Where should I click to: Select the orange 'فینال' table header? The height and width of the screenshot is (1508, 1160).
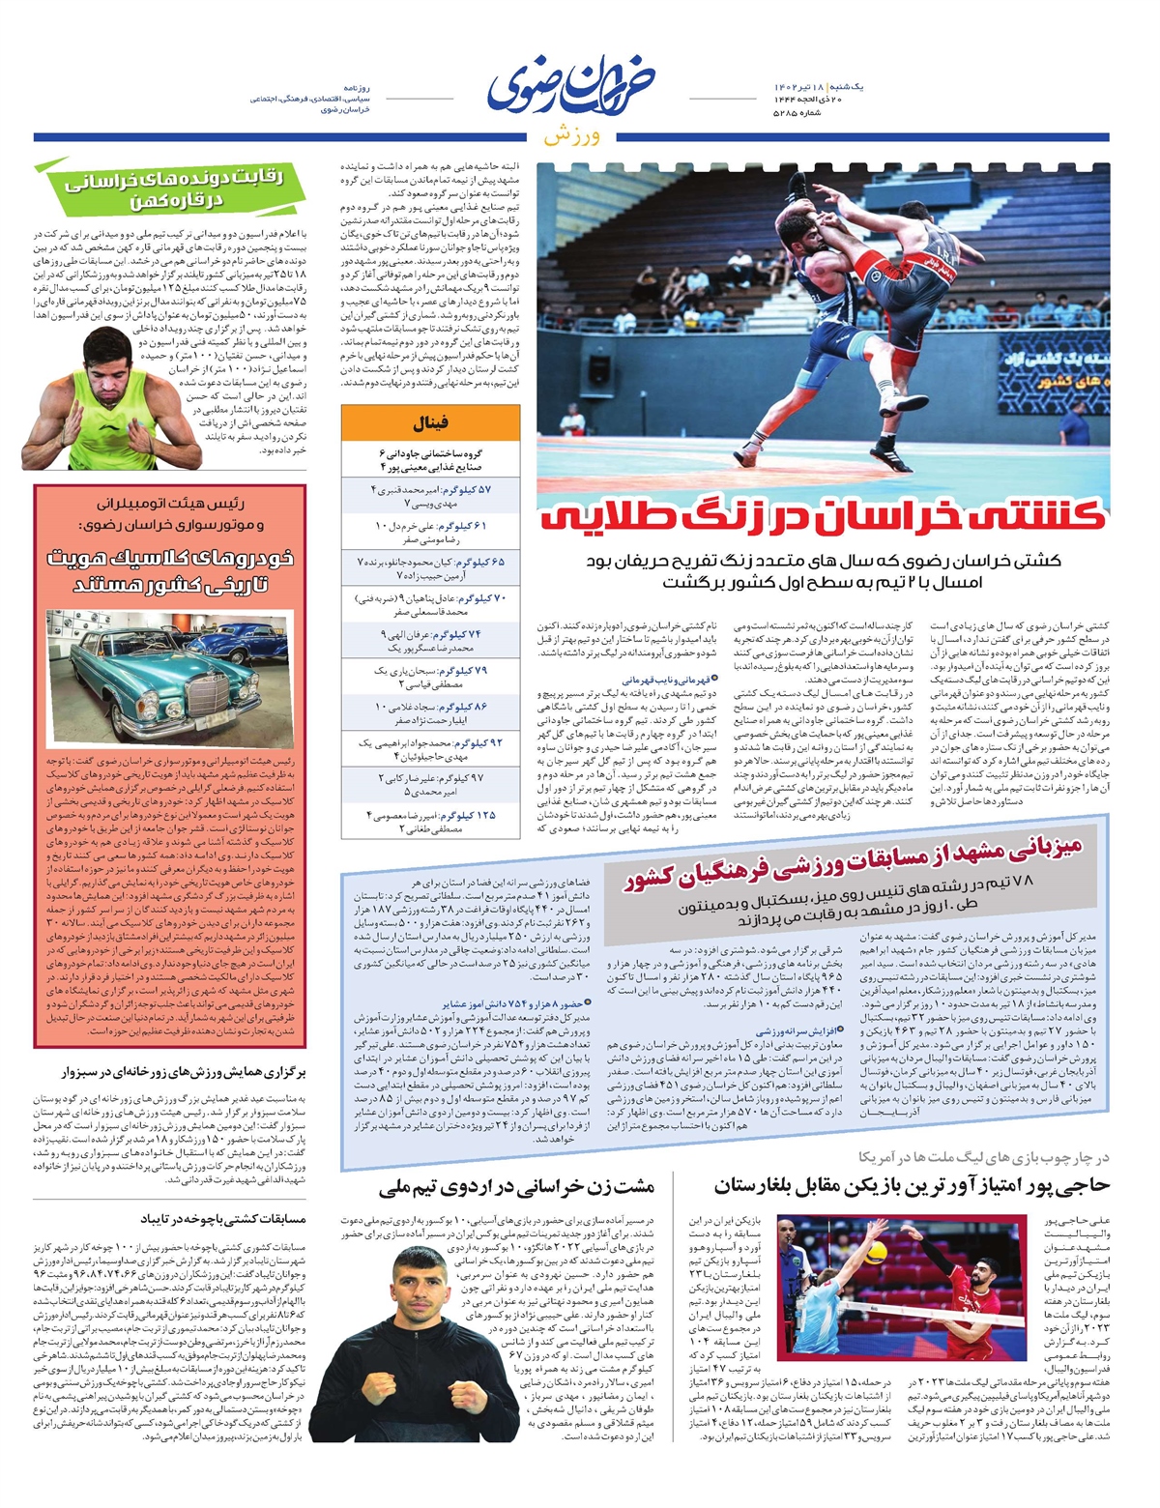430,423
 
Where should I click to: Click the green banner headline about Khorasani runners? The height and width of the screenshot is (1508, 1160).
174,188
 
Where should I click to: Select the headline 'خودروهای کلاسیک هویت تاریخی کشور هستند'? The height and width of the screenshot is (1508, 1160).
170,571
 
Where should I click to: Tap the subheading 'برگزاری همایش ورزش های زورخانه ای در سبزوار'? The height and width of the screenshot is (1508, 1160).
170,1072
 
